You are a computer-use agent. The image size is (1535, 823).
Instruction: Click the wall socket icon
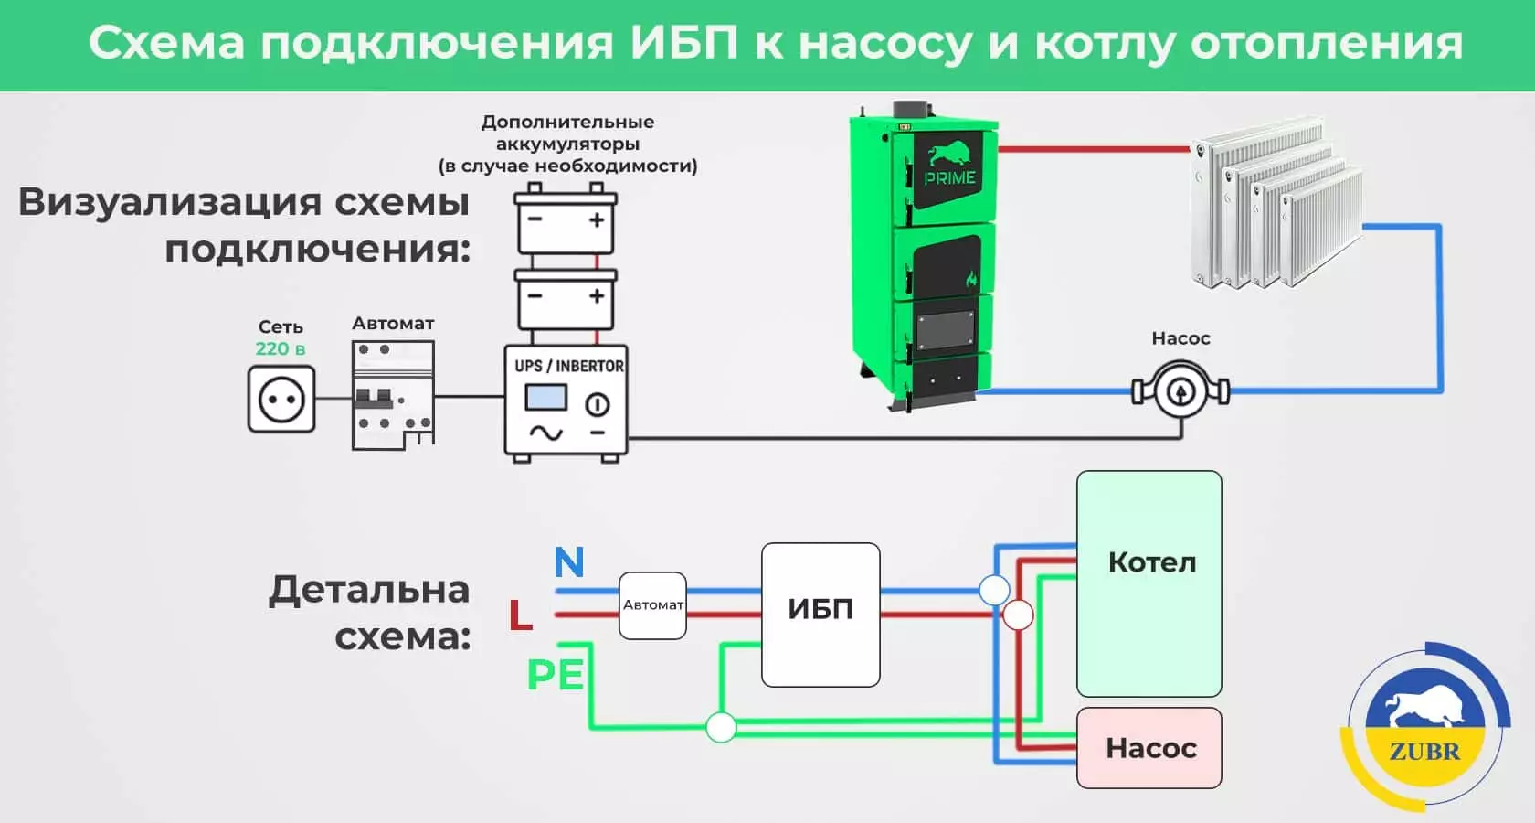click(x=281, y=399)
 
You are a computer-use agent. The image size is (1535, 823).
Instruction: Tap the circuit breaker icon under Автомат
click(x=393, y=395)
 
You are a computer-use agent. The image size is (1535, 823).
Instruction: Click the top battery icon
click(x=566, y=219)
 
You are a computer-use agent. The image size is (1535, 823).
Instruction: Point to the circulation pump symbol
click(x=1180, y=391)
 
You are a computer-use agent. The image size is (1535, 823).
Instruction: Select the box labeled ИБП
click(x=820, y=615)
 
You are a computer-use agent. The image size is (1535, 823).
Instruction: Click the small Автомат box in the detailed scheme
click(x=652, y=605)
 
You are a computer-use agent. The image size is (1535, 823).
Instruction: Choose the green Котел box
click(x=1149, y=583)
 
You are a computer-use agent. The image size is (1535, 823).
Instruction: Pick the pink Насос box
click(x=1149, y=748)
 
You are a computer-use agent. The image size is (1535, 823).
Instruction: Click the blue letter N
click(x=569, y=561)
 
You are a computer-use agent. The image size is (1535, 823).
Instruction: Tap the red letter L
click(x=521, y=615)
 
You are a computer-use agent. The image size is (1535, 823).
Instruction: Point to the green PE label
click(x=556, y=675)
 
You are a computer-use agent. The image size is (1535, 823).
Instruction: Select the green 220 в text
click(x=281, y=348)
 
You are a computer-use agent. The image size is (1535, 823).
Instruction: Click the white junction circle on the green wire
click(x=721, y=728)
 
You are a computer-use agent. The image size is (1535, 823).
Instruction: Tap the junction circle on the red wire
click(x=1018, y=615)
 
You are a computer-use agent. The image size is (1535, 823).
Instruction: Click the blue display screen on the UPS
click(x=545, y=398)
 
